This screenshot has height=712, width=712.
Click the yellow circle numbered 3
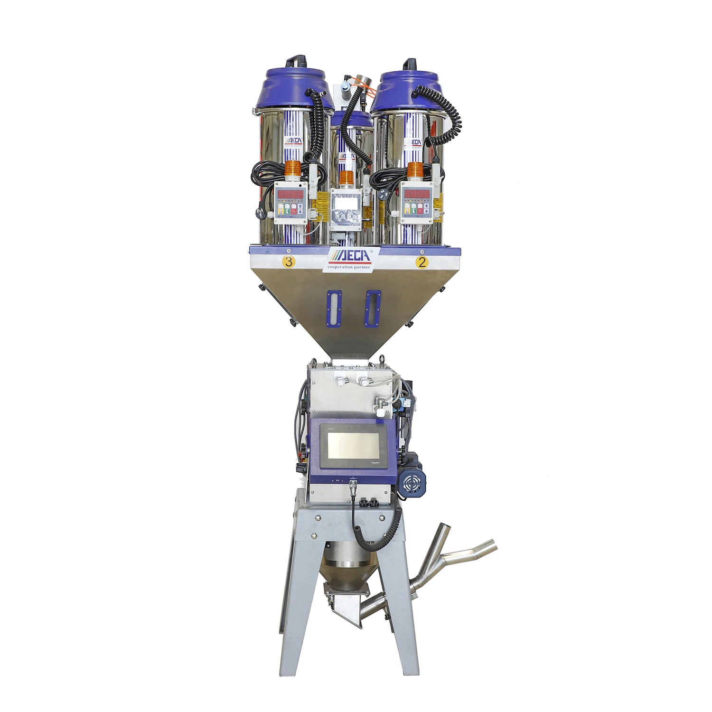(x=289, y=262)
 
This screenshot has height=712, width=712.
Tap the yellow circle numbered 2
(x=422, y=262)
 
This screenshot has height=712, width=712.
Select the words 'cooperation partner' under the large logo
(x=349, y=267)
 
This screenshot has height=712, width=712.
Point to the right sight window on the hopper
(x=373, y=309)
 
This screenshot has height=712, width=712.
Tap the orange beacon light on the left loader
(x=293, y=169)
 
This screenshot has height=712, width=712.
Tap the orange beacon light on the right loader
(x=415, y=169)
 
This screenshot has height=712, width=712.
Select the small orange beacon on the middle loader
(x=347, y=178)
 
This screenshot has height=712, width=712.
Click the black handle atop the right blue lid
(x=409, y=64)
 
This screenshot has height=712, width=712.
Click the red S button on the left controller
(x=294, y=209)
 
